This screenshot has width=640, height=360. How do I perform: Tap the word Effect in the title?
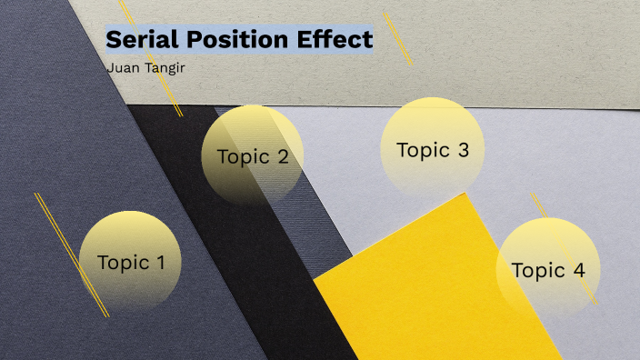tap(339, 40)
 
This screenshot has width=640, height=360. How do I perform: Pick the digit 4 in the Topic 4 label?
tap(578, 270)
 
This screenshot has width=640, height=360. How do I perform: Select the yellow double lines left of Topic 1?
tap(72, 255)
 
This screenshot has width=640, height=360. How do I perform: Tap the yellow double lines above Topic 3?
tap(398, 38)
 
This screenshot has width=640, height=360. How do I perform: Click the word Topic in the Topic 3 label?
tap(418, 151)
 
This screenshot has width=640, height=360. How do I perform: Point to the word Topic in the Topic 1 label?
tap(123, 264)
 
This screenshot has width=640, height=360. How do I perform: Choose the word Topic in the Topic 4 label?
tap(537, 271)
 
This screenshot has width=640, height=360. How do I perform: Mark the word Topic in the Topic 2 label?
tap(243, 157)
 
